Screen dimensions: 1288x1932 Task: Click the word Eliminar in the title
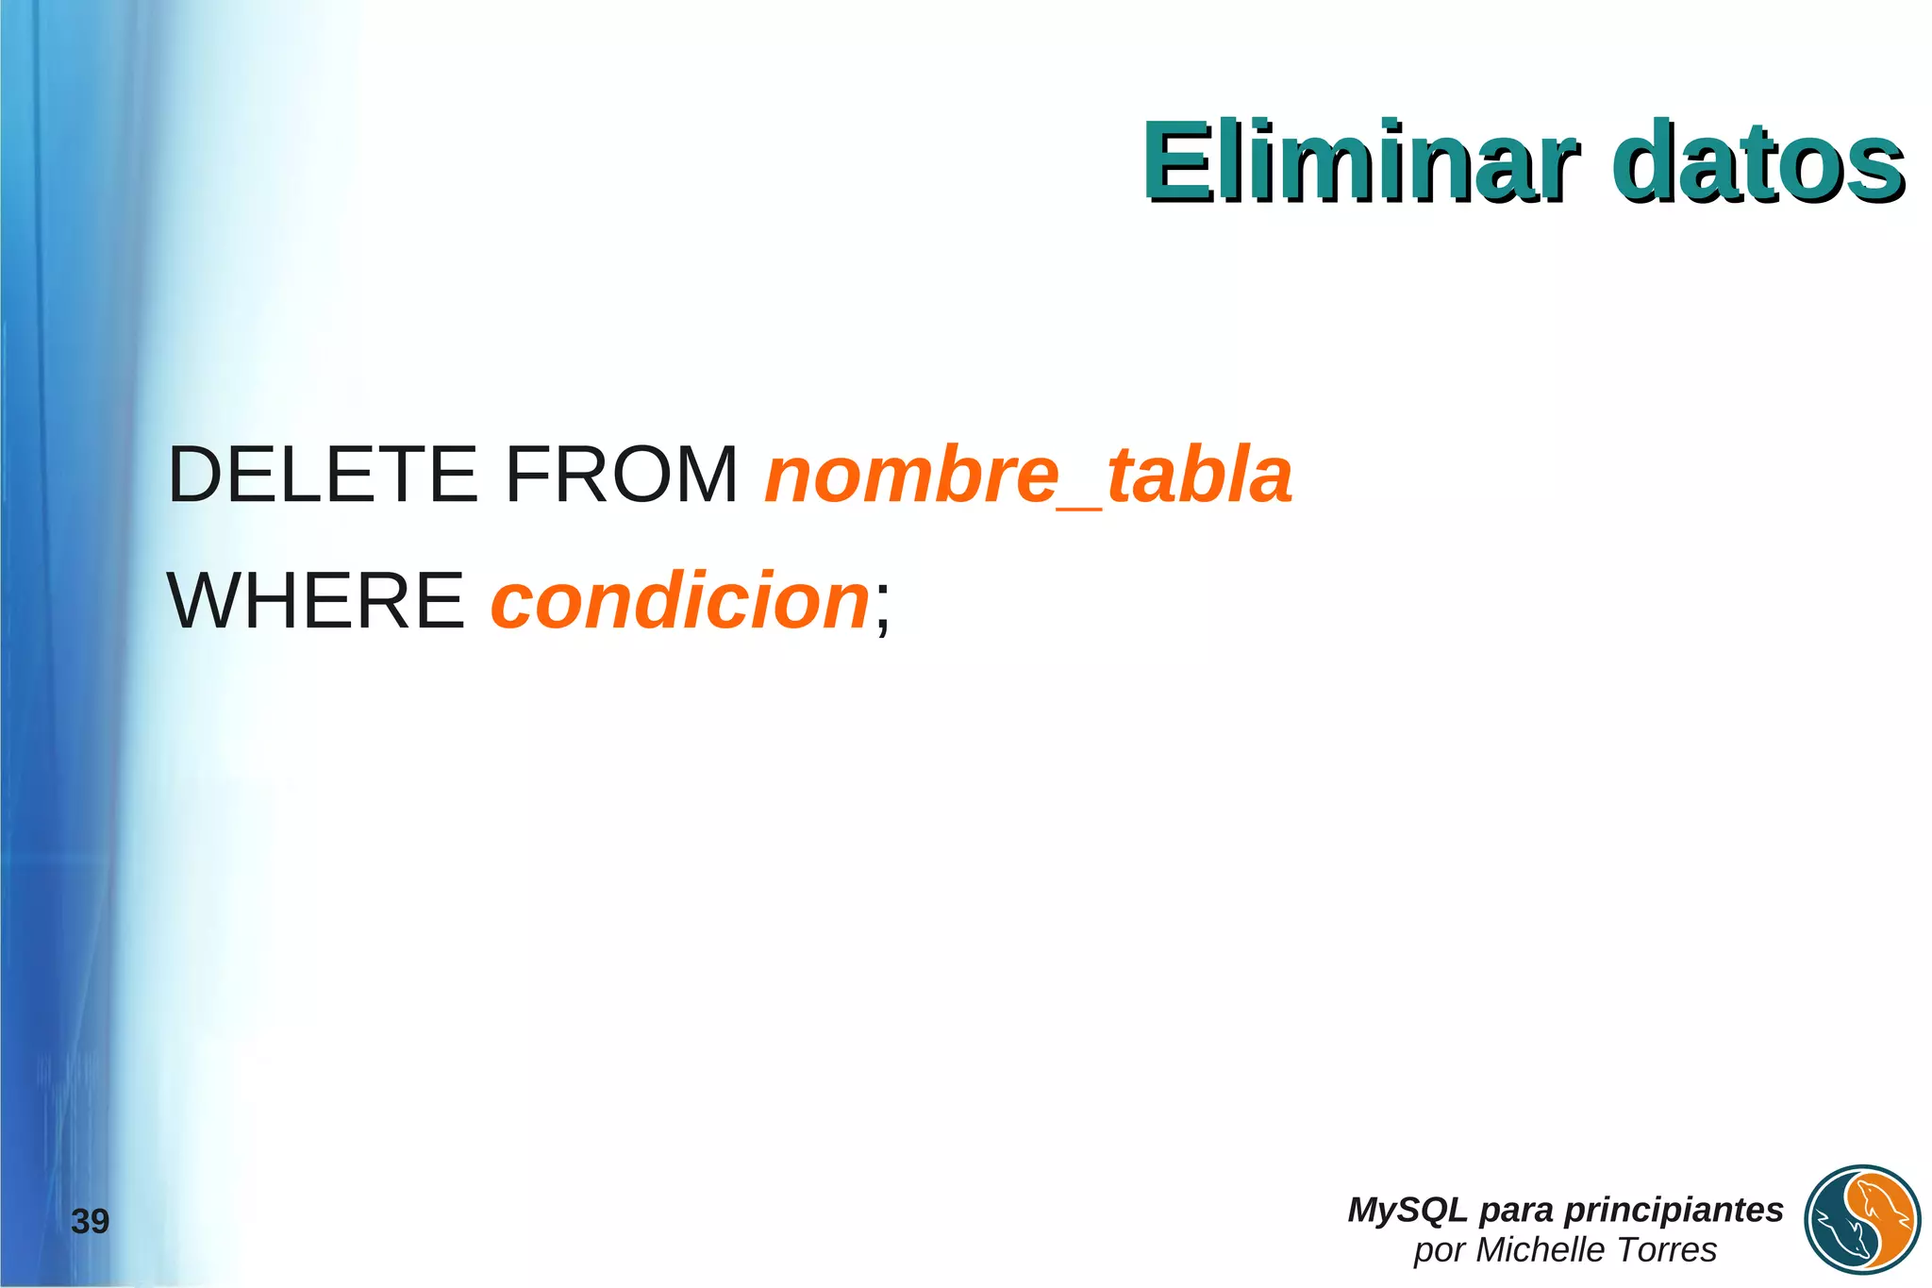click(x=1358, y=162)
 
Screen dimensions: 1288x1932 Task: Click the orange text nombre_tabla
click(x=1027, y=474)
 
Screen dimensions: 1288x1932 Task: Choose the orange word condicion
click(x=679, y=600)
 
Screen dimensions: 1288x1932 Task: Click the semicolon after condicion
click(x=882, y=609)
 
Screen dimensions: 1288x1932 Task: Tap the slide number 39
click(x=91, y=1221)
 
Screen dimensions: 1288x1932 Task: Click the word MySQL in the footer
click(x=1407, y=1210)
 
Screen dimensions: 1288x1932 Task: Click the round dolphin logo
click(x=1863, y=1221)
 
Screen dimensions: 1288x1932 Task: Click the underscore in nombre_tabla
click(x=1081, y=508)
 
